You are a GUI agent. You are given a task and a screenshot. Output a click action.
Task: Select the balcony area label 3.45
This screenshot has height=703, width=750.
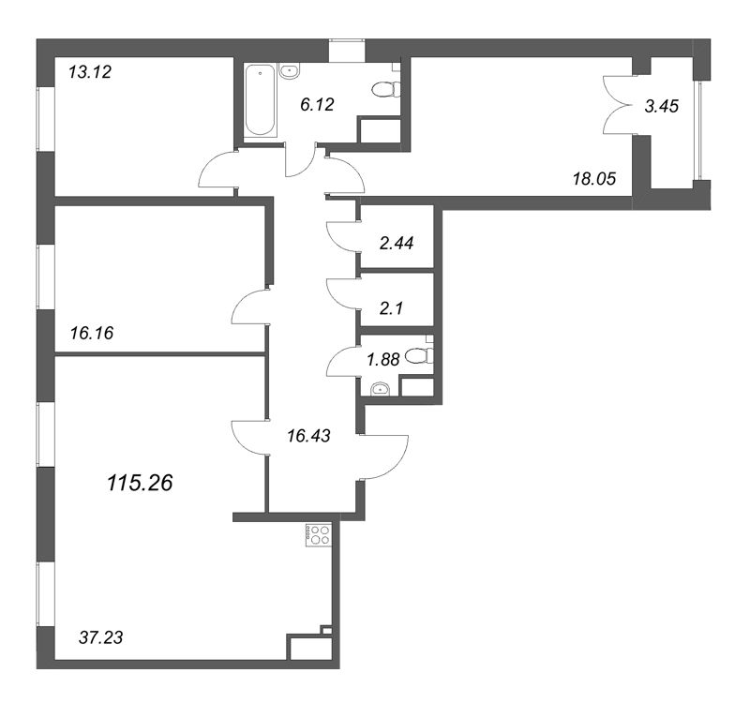pyautogui.click(x=661, y=107)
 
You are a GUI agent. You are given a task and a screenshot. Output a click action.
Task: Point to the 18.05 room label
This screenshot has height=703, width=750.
pyautogui.click(x=593, y=179)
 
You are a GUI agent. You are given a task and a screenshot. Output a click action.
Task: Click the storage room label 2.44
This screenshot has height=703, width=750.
pyautogui.click(x=397, y=242)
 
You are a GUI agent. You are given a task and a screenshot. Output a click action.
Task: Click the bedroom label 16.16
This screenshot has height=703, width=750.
pyautogui.click(x=91, y=331)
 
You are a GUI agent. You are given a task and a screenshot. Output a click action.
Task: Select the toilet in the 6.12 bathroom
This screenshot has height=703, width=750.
pyautogui.click(x=383, y=90)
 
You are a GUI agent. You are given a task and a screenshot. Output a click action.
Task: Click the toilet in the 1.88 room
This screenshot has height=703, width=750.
pyautogui.click(x=422, y=355)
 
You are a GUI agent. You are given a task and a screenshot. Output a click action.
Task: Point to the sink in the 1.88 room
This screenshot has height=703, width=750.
pyautogui.click(x=381, y=388)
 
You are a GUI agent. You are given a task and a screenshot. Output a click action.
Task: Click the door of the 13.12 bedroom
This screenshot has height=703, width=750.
pyautogui.click(x=217, y=172)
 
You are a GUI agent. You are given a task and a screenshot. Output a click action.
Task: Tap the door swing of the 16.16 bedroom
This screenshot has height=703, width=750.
pyautogui.click(x=249, y=309)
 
